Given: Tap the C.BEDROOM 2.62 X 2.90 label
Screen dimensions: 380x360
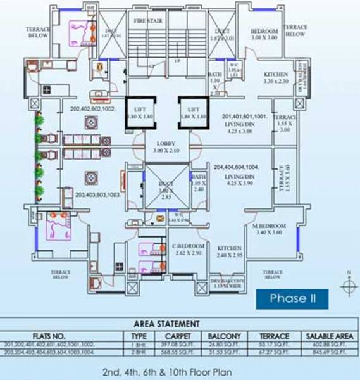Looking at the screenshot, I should pos(188,249).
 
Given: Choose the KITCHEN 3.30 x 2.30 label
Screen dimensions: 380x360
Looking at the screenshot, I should pos(276,78).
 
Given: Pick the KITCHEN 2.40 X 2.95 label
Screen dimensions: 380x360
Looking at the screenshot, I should pos(230,252).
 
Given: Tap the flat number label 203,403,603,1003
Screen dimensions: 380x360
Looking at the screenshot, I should pos(99,195).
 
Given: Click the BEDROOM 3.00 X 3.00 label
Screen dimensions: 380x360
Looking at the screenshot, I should pos(264,34).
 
